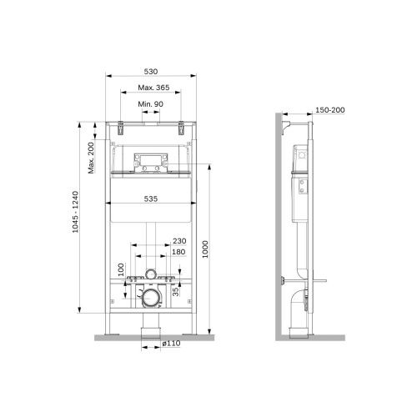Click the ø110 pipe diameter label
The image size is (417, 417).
(x=173, y=344)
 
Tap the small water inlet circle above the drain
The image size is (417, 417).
(x=151, y=274)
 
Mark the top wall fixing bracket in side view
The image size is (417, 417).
(x=287, y=124)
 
